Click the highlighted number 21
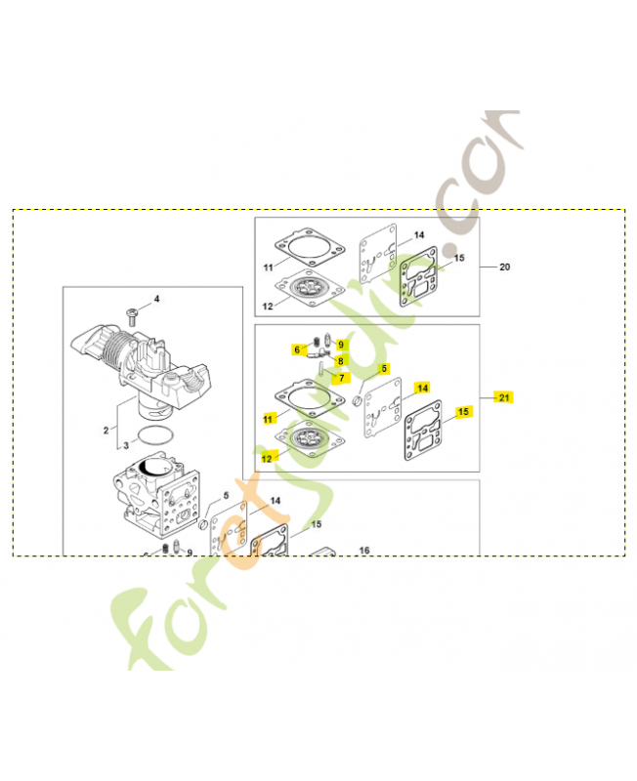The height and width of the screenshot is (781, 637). (504, 397)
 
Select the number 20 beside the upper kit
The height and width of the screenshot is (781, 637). (504, 267)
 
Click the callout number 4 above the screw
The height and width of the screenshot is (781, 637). (155, 298)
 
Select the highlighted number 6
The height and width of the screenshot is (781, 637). (297, 349)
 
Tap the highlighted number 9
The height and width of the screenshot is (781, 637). (341, 345)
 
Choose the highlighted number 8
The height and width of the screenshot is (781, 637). (341, 360)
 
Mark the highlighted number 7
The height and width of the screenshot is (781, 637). (341, 378)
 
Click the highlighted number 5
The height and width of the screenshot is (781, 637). (384, 369)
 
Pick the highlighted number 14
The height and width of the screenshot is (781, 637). (422, 388)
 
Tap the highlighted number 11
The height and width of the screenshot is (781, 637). (268, 418)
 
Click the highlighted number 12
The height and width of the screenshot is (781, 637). (268, 456)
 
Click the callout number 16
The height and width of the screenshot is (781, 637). (363, 551)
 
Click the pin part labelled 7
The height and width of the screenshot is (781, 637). (320, 365)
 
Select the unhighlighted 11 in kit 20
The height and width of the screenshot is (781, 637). (268, 267)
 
